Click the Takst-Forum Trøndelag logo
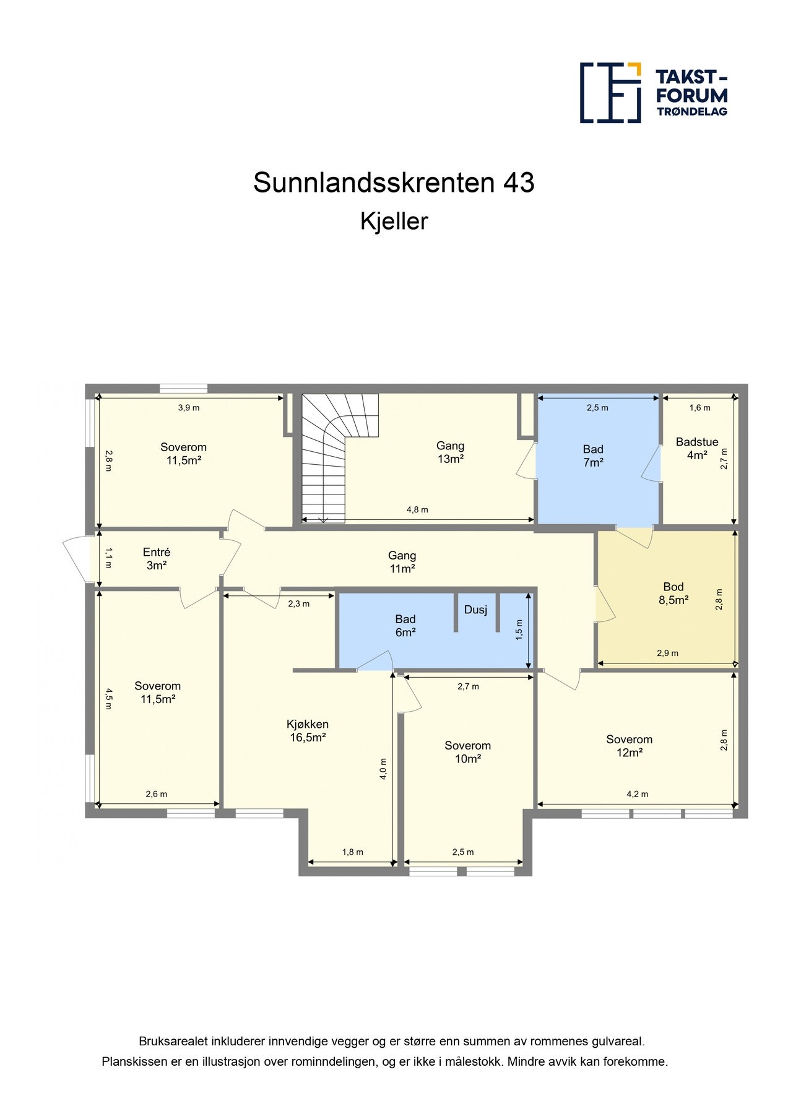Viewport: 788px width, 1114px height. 653,93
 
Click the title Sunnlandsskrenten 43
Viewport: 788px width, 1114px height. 394,183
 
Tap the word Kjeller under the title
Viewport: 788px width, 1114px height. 394,222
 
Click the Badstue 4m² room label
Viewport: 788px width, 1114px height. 697,449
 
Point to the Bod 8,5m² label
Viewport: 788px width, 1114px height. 673,593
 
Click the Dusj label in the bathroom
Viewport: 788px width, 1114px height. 475,610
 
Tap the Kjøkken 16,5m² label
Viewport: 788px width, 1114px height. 308,730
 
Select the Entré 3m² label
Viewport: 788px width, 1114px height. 157,558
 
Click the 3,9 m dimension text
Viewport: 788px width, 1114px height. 189,408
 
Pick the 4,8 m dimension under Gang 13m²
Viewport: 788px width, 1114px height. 417,510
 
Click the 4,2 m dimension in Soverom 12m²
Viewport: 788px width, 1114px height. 637,794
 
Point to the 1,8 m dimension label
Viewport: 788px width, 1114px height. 353,852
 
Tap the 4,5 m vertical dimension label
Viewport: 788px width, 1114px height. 109,699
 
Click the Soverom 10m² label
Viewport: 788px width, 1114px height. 467,752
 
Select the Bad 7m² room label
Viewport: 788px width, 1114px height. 593,456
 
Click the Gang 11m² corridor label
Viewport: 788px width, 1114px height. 402,562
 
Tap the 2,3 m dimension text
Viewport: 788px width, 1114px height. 299,604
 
